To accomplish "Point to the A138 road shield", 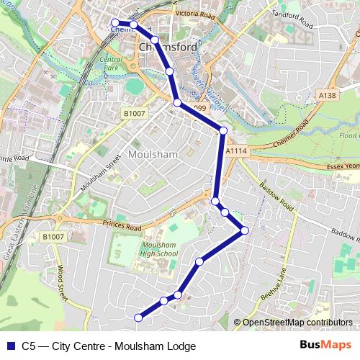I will tap(327, 94).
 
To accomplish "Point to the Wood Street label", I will tap(61, 282).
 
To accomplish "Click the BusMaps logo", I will tap(325, 346).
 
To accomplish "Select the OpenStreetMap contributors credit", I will tap(297, 323).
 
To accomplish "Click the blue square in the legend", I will tap(10, 346).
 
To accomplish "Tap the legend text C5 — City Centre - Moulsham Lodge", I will tap(109, 346).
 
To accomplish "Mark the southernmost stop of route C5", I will tap(139, 318).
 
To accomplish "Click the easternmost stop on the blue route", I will tap(245, 230).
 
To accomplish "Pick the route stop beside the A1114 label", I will tap(223, 130).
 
